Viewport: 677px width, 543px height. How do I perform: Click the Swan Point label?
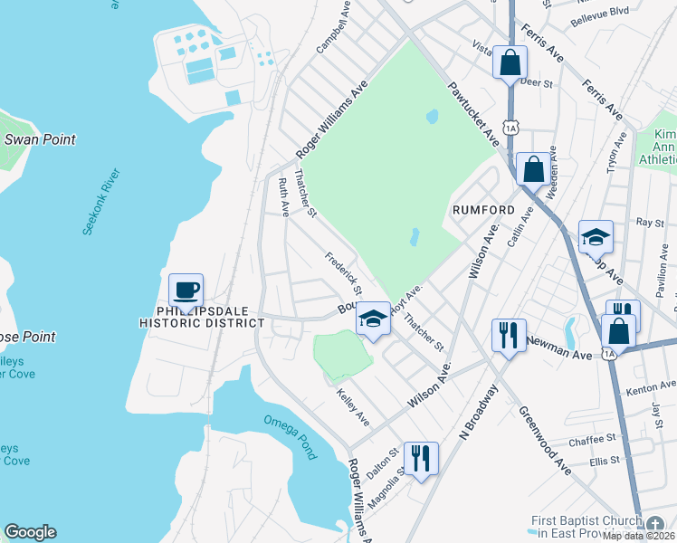tap(40, 139)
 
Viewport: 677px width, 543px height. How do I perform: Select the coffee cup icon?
tap(186, 291)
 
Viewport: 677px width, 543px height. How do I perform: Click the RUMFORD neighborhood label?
tap(483, 210)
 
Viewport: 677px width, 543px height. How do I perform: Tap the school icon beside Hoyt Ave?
tap(373, 319)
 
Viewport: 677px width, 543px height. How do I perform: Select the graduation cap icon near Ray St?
tap(596, 237)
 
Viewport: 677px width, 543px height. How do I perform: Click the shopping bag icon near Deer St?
tap(510, 62)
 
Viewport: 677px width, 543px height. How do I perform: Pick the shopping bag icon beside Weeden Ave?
tap(534, 168)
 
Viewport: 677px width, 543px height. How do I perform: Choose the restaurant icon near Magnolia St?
tap(421, 458)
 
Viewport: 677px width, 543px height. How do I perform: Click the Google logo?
tap(30, 532)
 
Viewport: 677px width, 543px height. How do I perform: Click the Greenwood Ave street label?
tap(546, 440)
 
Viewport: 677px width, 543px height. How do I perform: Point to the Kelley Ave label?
tap(353, 407)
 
